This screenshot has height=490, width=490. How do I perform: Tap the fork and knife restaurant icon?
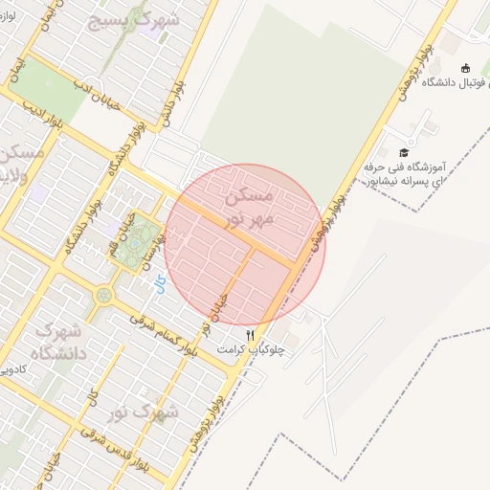[251, 335]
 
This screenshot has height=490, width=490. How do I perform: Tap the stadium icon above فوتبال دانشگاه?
[465, 68]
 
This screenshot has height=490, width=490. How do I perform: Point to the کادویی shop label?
[17, 367]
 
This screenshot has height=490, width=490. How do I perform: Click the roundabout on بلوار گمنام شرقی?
[102, 295]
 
